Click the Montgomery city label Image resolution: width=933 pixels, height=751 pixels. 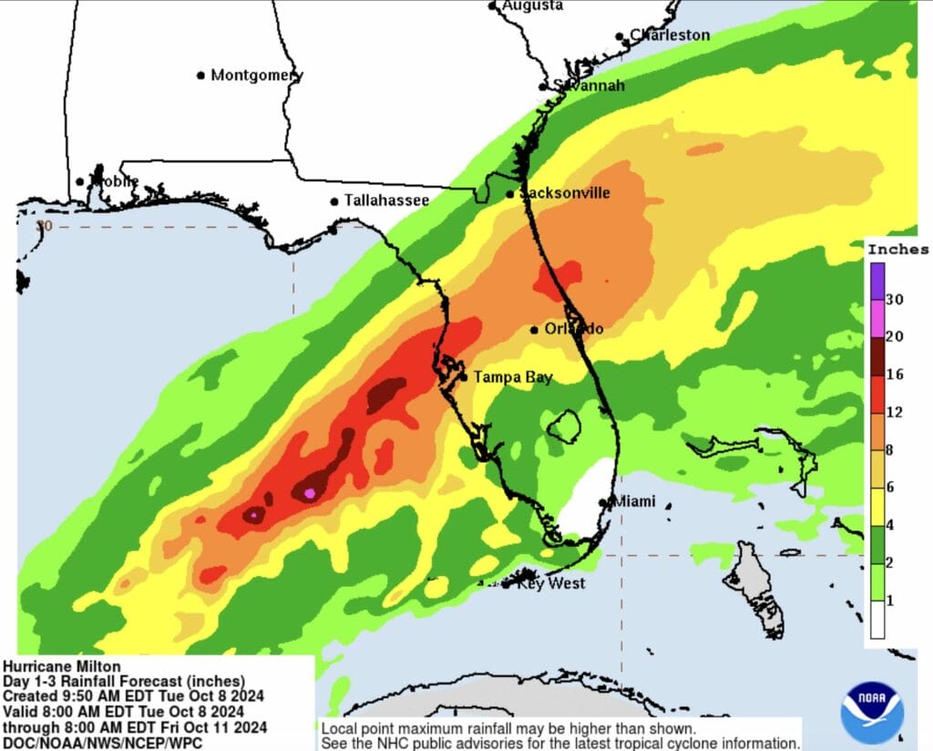point(256,76)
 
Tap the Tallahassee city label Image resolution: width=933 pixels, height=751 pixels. point(386,201)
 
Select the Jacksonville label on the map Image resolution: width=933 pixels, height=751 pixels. point(565,193)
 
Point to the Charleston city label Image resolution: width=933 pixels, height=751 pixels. point(670,36)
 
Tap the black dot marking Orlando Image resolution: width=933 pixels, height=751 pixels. point(535,330)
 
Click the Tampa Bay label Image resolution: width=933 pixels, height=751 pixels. point(512,377)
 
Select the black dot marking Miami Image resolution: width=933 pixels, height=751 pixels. point(602,502)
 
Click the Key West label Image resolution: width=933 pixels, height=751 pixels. point(551,583)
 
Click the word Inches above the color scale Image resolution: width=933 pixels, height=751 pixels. point(897,249)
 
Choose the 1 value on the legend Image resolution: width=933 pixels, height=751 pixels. point(887,600)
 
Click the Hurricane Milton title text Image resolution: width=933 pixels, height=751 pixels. point(61,666)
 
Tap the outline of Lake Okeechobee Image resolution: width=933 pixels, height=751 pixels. point(565,426)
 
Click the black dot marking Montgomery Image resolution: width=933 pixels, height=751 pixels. point(201,76)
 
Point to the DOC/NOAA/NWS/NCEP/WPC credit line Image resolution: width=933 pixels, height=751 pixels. point(102,742)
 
